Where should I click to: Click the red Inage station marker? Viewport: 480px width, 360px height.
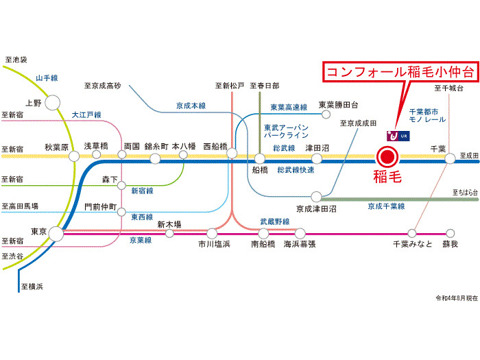[387, 157]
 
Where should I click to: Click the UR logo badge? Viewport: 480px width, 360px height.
[398, 136]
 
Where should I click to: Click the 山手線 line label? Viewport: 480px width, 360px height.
[47, 78]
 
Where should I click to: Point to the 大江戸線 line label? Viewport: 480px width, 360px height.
[86, 115]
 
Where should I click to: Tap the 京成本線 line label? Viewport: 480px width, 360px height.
[191, 106]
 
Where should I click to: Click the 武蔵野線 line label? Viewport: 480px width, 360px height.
[275, 221]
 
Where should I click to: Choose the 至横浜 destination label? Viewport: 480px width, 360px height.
[32, 287]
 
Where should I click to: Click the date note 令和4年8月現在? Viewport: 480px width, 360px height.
[457, 298]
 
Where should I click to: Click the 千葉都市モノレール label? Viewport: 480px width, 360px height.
[427, 115]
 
